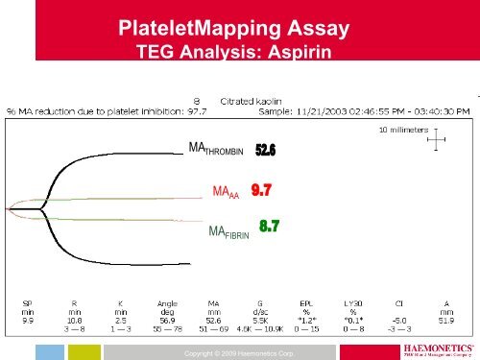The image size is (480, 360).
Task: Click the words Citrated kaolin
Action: click(253, 99)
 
